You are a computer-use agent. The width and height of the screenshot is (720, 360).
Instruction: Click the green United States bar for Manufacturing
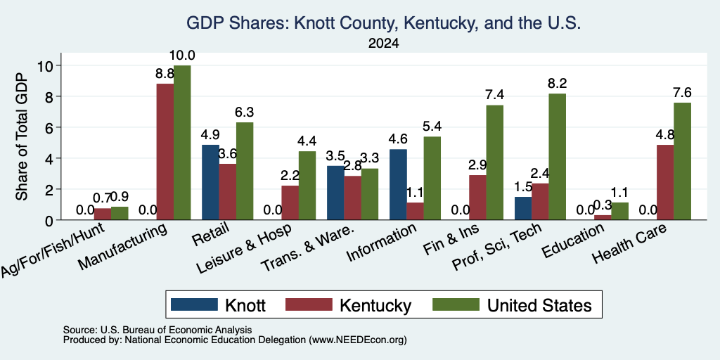click(x=182, y=142)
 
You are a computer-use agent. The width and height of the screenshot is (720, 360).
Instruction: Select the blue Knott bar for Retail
click(x=210, y=182)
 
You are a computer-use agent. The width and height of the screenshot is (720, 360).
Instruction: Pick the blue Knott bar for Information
click(x=398, y=185)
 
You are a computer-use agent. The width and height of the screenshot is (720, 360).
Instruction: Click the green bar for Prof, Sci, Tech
click(x=557, y=157)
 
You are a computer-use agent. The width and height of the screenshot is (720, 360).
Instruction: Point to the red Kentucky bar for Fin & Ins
click(x=477, y=198)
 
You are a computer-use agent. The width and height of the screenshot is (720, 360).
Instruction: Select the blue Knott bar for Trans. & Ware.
click(x=335, y=193)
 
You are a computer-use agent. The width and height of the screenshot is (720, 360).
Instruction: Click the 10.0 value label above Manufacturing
click(x=182, y=56)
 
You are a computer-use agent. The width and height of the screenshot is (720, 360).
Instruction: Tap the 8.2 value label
click(x=558, y=84)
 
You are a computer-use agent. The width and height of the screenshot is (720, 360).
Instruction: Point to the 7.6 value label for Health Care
click(x=682, y=93)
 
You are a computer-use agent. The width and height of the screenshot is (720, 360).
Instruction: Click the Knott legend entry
click(x=218, y=305)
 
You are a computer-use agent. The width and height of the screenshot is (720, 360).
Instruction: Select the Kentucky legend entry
click(x=349, y=305)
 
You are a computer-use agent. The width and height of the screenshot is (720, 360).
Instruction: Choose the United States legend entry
click(x=513, y=305)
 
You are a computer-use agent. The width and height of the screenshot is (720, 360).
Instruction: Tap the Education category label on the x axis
click(x=574, y=241)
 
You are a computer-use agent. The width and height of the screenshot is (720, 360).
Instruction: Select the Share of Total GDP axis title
click(x=22, y=136)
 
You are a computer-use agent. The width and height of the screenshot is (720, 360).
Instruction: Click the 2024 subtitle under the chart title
click(x=383, y=44)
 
